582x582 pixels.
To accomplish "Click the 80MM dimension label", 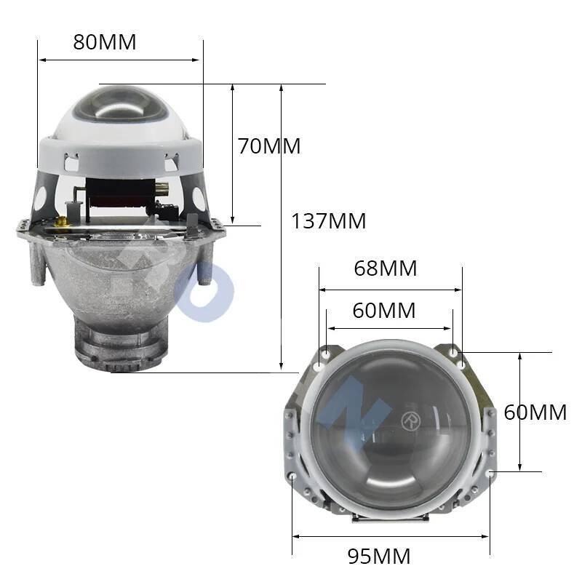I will (x=104, y=41).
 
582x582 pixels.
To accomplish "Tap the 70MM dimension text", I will (x=268, y=146).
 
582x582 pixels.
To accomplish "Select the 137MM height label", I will (x=329, y=221).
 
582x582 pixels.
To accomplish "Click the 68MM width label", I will (x=385, y=268).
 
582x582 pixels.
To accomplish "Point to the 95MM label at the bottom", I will (x=378, y=557).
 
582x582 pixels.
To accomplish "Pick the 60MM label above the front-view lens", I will (x=383, y=311).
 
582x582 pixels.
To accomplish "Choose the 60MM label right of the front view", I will (x=535, y=412).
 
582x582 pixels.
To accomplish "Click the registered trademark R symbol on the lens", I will (x=409, y=420).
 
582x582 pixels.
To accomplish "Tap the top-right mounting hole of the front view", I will (x=455, y=354).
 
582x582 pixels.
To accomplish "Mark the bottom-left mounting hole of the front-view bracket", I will (x=292, y=477).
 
